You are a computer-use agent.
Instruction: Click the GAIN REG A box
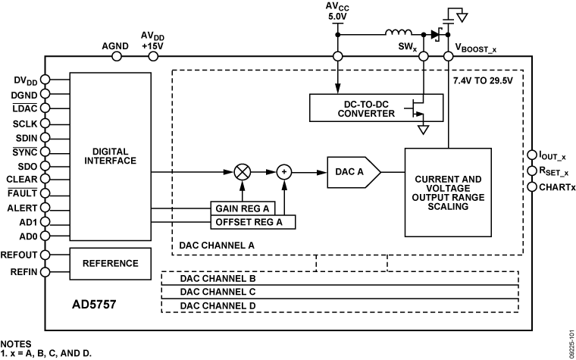click(242, 208)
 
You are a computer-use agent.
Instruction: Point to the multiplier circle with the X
click(244, 172)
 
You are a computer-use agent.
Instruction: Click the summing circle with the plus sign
click(284, 172)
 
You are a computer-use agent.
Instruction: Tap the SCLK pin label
click(27, 123)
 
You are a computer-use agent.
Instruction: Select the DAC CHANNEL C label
click(218, 292)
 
